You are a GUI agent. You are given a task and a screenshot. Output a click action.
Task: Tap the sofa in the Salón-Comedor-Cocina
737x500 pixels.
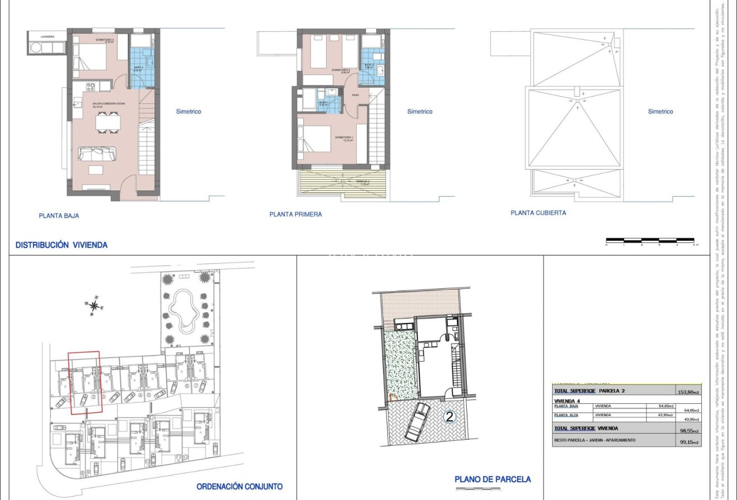[98, 153]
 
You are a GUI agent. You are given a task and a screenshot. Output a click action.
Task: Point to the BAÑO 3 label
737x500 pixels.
[138, 68]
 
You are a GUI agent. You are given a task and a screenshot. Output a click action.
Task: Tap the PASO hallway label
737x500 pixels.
[355, 96]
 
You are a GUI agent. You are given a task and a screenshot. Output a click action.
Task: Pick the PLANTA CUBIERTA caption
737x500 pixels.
[538, 213]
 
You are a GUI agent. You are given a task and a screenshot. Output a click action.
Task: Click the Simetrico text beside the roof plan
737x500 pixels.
[661, 112]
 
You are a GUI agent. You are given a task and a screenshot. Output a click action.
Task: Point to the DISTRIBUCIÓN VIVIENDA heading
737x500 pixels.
[61, 245]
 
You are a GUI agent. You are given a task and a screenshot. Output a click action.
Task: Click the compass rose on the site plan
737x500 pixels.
[95, 305]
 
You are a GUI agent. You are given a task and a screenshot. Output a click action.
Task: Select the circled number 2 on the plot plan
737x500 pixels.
[449, 416]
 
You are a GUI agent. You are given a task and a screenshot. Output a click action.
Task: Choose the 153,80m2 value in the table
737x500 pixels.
[688, 392]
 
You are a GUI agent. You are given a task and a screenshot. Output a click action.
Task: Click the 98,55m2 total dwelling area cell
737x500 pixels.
[688, 430]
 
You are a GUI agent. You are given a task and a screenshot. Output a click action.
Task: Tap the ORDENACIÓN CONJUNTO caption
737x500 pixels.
[240, 487]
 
